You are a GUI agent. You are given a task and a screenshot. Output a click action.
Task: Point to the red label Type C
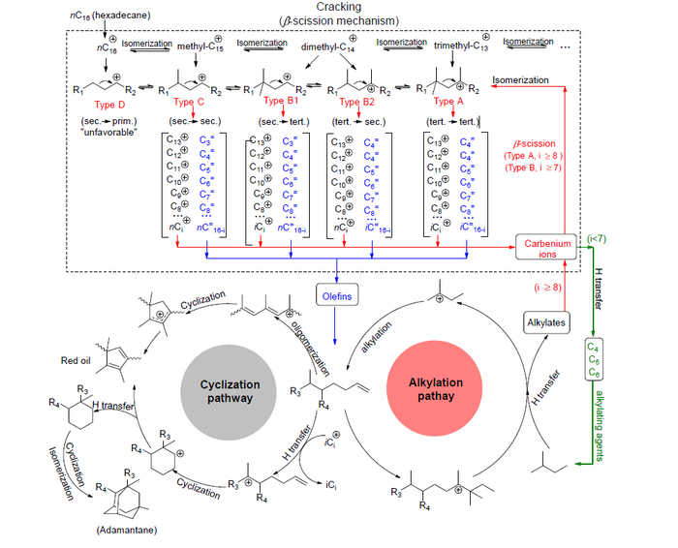[x=191, y=101]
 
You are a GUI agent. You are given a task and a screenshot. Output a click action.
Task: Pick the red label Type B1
[x=281, y=101]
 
